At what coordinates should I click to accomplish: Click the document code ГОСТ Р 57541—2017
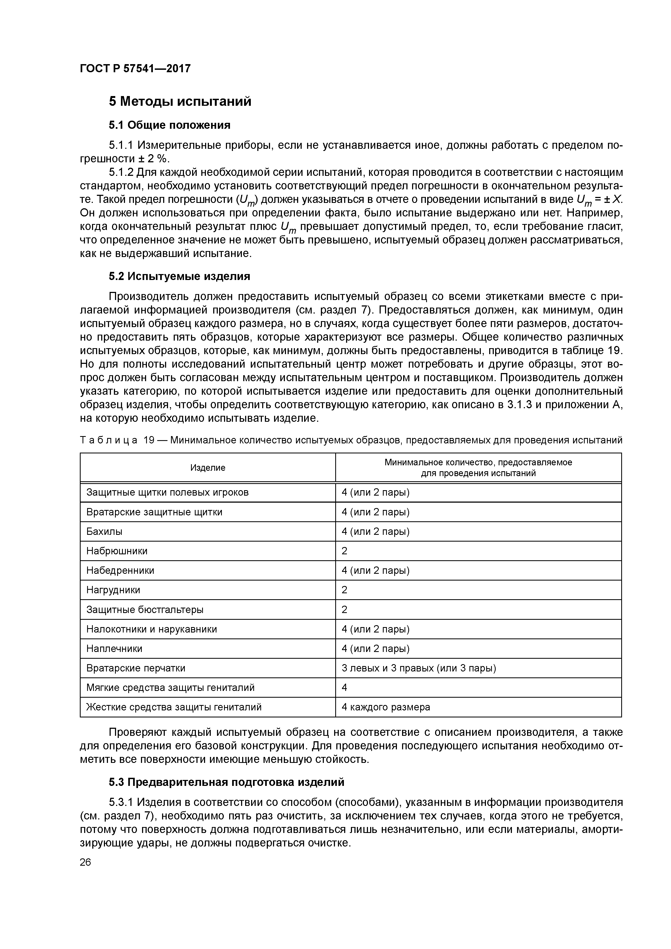[135, 68]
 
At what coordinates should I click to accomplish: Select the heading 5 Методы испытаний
[180, 101]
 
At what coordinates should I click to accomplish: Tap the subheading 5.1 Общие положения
[169, 125]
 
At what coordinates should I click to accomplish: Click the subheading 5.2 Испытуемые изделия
[179, 276]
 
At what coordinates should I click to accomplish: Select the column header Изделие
[208, 467]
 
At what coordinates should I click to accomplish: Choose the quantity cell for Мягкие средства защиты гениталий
[345, 688]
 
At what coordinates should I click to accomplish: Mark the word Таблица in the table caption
[109, 440]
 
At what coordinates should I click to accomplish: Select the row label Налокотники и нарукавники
[151, 629]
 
